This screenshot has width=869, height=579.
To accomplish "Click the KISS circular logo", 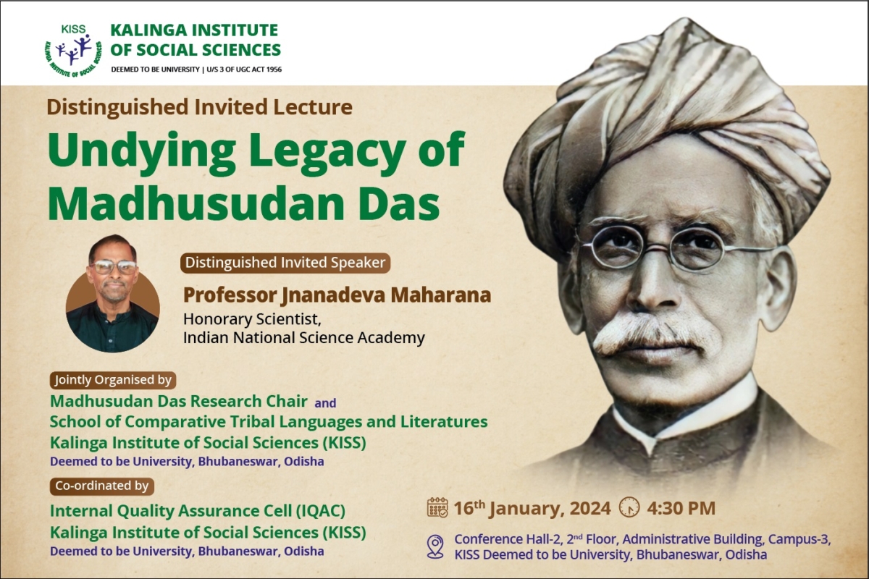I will (x=72, y=50).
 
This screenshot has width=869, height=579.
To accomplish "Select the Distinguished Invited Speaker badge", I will (x=285, y=263).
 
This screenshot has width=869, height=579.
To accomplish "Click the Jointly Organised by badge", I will (x=113, y=379).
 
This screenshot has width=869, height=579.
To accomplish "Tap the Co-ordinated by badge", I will (x=101, y=486).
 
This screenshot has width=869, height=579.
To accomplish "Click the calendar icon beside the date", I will (x=437, y=507).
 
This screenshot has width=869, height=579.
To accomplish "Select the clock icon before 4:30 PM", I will (x=629, y=507).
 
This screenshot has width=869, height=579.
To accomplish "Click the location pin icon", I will (x=435, y=546).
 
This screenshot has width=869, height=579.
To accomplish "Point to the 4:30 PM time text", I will (x=681, y=508).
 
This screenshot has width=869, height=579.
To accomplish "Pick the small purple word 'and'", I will (x=325, y=403).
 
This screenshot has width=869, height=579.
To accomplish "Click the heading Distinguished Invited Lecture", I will (x=199, y=108).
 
